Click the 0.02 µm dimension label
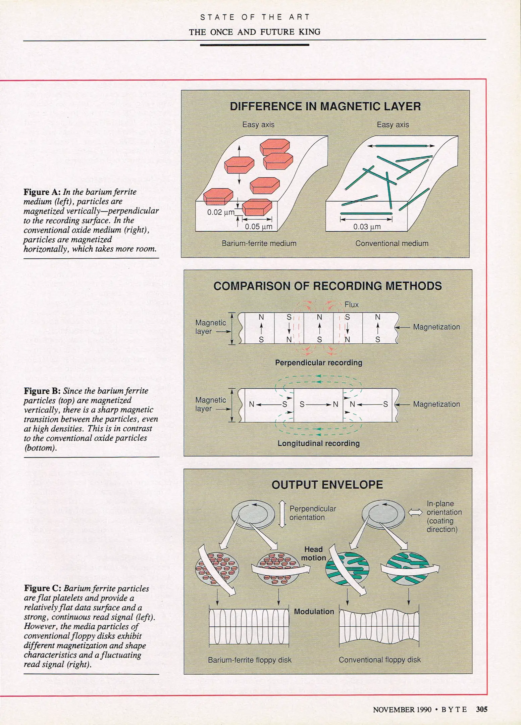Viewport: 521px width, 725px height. [x=220, y=212]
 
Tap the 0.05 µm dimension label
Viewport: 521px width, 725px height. [x=258, y=227]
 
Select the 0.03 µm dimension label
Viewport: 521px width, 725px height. [x=367, y=227]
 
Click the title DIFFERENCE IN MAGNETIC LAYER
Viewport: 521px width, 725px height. [x=325, y=106]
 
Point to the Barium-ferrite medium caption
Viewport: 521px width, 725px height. [x=259, y=243]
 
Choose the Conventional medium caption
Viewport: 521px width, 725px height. [x=392, y=243]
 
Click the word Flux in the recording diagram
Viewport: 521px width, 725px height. [x=351, y=304]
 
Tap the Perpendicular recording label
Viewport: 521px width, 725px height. [x=318, y=362]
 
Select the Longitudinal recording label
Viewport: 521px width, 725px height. [x=318, y=443]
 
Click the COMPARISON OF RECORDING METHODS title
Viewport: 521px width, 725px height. [x=327, y=286]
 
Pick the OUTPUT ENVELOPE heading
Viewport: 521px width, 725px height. [x=327, y=485]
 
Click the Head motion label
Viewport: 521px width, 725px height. [x=313, y=553]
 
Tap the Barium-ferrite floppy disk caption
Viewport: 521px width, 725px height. [x=250, y=660]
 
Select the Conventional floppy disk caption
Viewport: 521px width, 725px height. [x=379, y=660]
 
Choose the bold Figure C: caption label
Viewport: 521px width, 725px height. [x=43, y=588]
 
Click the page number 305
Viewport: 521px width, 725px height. [x=481, y=709]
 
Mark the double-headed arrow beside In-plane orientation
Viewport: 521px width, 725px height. [x=415, y=512]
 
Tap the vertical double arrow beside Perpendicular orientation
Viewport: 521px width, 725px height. [x=282, y=514]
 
